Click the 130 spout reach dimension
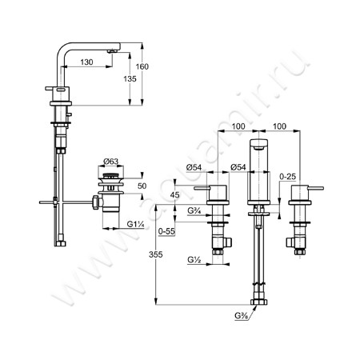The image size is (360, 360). (x=86, y=62)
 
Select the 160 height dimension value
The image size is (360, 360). (x=142, y=66)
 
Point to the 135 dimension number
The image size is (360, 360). (x=130, y=79)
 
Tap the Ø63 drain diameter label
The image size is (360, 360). (x=110, y=162)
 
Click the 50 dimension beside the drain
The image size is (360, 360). (x=142, y=186)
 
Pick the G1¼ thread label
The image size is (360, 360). (x=135, y=224)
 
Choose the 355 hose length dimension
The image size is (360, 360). (x=155, y=254)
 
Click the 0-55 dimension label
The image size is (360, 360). (x=166, y=231)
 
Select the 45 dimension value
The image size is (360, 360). (x=175, y=195)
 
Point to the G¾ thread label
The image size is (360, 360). (x=194, y=210)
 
